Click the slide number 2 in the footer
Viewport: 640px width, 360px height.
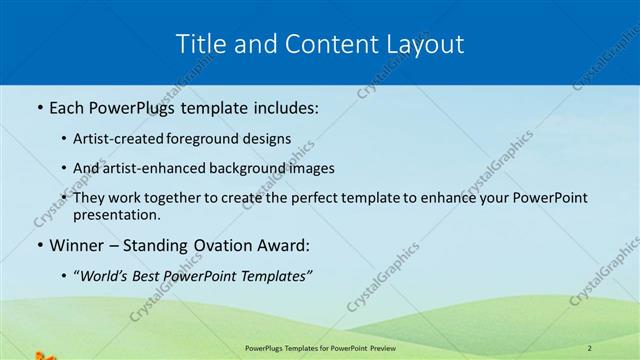pos(590,347)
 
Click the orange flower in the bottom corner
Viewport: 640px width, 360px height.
pos(40,354)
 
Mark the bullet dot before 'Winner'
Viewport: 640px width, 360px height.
pos(38,245)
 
